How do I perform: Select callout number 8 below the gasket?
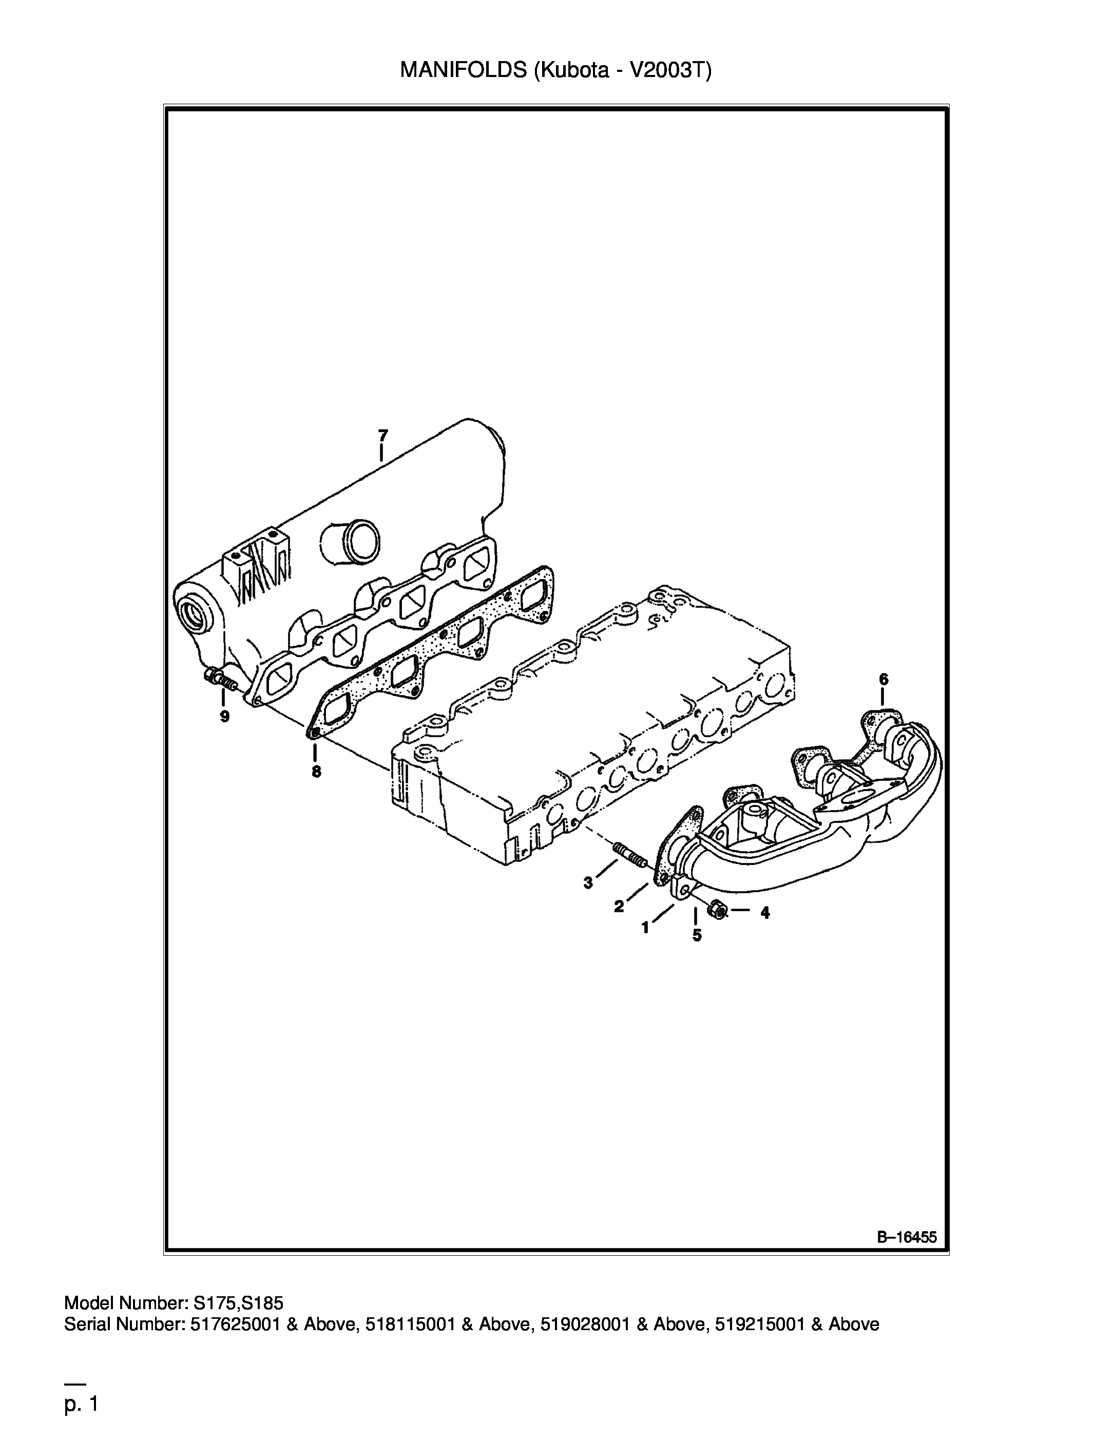(x=316, y=772)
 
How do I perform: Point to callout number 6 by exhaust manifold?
(x=884, y=679)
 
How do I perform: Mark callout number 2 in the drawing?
(x=619, y=907)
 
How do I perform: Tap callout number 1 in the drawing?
(x=645, y=928)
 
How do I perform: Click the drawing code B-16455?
(x=907, y=1238)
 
